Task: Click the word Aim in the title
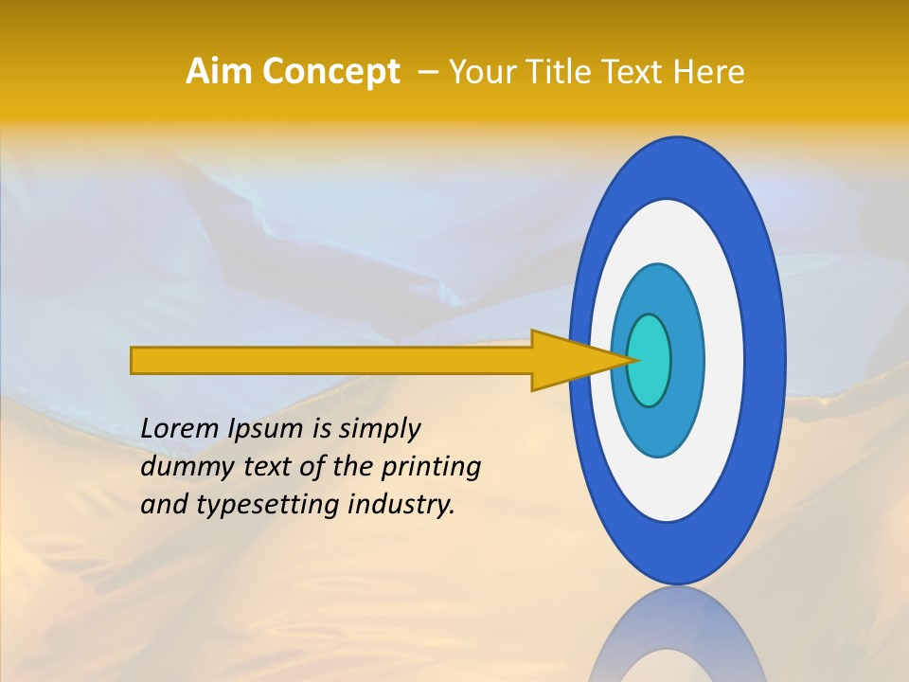point(218,72)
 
